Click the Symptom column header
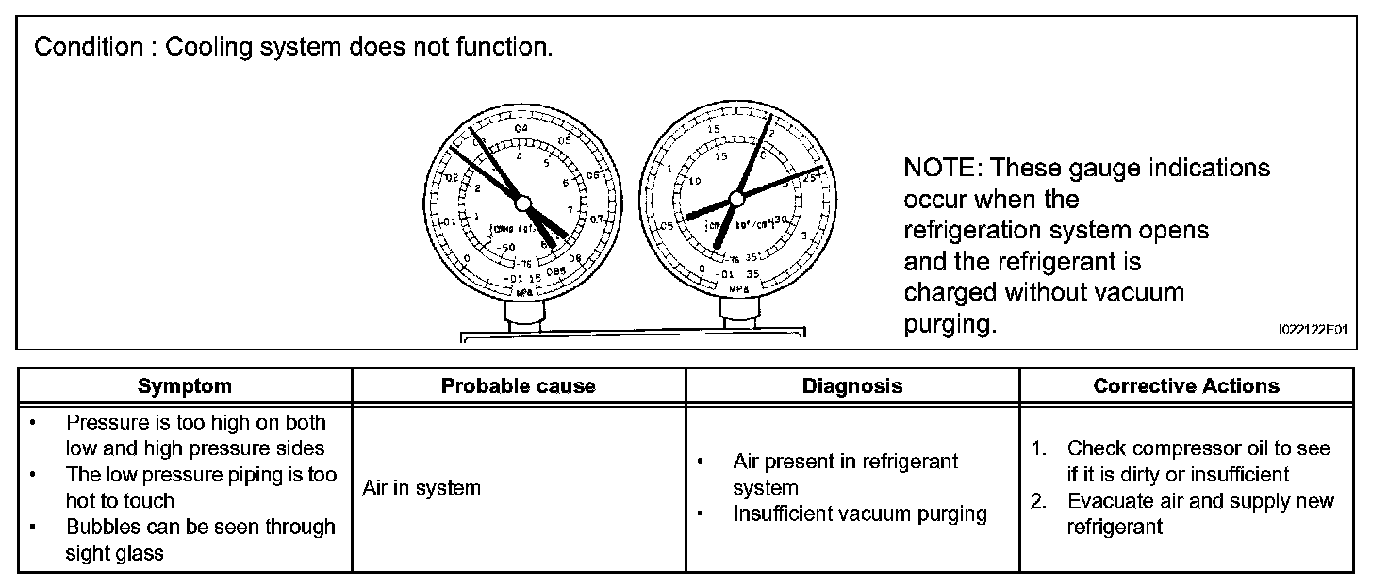pyautogui.click(x=184, y=385)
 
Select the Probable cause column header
pyautogui.click(x=518, y=385)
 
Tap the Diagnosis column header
pyautogui.click(x=851, y=385)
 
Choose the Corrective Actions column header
pyautogui.click(x=1185, y=385)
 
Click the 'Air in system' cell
pyautogui.click(x=421, y=488)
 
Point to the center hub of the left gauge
pyautogui.click(x=523, y=203)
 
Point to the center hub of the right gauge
pyautogui.click(x=737, y=196)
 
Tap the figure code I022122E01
pyautogui.click(x=1313, y=330)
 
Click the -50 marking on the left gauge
pyautogui.click(x=506, y=247)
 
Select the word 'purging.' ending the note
pyautogui.click(x=950, y=325)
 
